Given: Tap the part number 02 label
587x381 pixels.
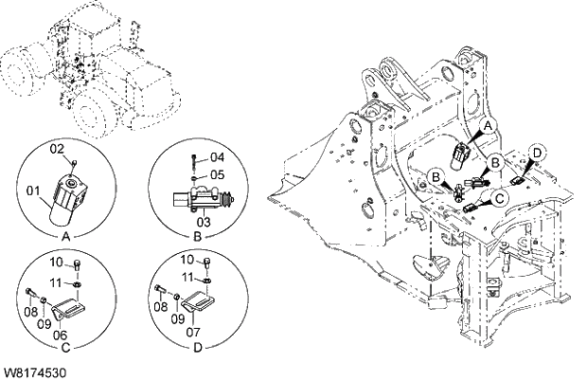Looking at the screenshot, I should point(56,149).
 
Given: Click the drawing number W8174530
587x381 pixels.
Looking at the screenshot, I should point(33,373).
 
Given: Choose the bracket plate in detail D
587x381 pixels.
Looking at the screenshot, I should point(202,303).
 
